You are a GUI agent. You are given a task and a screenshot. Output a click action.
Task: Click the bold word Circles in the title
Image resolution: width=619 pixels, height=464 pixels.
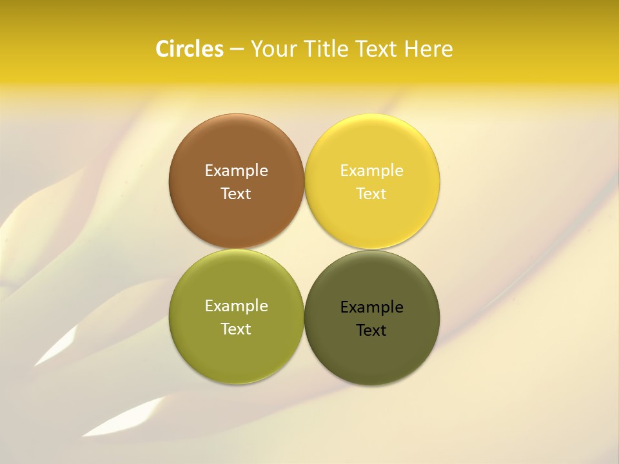pyautogui.click(x=189, y=49)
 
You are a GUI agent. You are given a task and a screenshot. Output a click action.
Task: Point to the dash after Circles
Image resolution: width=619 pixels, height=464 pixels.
pyautogui.click(x=237, y=50)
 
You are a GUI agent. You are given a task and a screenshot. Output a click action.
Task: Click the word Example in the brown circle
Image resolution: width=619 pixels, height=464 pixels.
pyautogui.click(x=236, y=171)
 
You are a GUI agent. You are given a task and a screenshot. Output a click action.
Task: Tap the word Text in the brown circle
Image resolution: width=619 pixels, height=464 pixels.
pyautogui.click(x=236, y=194)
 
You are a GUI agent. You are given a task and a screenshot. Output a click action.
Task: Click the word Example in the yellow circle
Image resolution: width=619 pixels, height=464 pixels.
pyautogui.click(x=371, y=171)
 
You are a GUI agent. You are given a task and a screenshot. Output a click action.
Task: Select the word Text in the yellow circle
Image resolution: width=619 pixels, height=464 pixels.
pyautogui.click(x=371, y=194)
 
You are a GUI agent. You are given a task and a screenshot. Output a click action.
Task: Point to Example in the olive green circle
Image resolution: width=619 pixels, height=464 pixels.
pyautogui.click(x=236, y=306)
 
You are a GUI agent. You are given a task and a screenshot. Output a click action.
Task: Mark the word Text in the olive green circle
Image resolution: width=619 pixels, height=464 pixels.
pyautogui.click(x=236, y=329)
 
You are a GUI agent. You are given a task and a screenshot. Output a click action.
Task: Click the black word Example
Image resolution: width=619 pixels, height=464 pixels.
pyautogui.click(x=371, y=307)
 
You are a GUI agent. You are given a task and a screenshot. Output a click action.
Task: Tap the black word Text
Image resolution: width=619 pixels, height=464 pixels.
pyautogui.click(x=371, y=331)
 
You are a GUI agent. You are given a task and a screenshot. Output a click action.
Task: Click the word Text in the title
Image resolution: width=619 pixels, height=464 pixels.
pyautogui.click(x=377, y=49)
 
